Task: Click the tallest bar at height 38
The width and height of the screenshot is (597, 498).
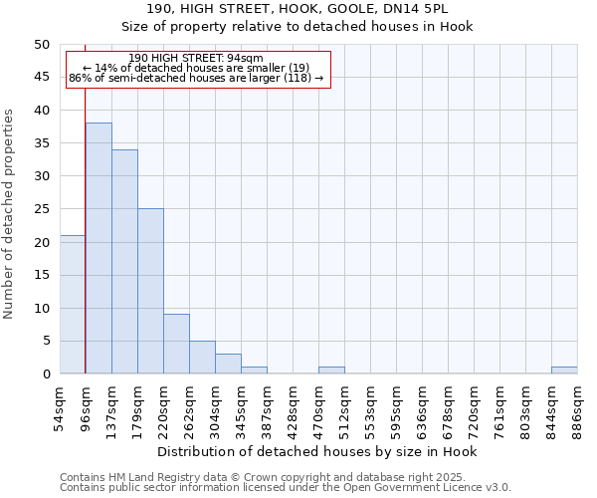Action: pos(99,248)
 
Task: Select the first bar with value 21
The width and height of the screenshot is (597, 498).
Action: pos(73,304)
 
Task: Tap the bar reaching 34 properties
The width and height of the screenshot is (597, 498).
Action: pos(124,261)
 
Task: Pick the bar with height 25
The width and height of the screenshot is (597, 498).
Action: pos(150,291)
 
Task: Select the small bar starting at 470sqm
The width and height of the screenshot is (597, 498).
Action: pos(331,371)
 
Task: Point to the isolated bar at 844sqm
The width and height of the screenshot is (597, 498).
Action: pos(564,371)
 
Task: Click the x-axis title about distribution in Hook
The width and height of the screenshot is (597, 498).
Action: pos(318,452)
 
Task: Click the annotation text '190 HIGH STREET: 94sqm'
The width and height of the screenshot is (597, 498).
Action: pos(196,59)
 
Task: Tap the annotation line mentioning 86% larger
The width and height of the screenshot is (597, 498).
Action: pos(196,78)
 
